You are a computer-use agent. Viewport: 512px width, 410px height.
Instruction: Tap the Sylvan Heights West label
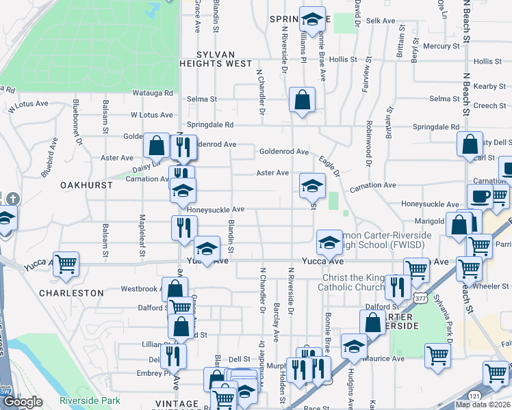(x=215, y=59)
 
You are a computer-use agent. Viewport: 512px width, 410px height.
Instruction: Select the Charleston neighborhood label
(x=71, y=292)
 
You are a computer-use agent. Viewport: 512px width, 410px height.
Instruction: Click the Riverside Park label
(x=90, y=400)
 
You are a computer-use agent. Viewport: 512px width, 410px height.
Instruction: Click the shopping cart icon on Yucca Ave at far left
(x=66, y=264)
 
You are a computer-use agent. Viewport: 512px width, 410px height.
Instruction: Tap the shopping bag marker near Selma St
(x=302, y=100)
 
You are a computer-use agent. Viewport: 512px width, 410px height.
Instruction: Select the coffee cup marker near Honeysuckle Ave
(x=481, y=197)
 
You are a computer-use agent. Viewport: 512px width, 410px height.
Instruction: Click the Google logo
(x=23, y=402)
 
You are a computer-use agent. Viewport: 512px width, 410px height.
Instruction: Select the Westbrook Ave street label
(x=140, y=289)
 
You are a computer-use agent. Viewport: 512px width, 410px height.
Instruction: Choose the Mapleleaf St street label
(x=142, y=235)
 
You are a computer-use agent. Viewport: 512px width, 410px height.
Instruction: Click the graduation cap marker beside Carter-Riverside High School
(x=329, y=242)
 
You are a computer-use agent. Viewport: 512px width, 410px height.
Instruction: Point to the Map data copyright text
(x=483, y=405)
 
